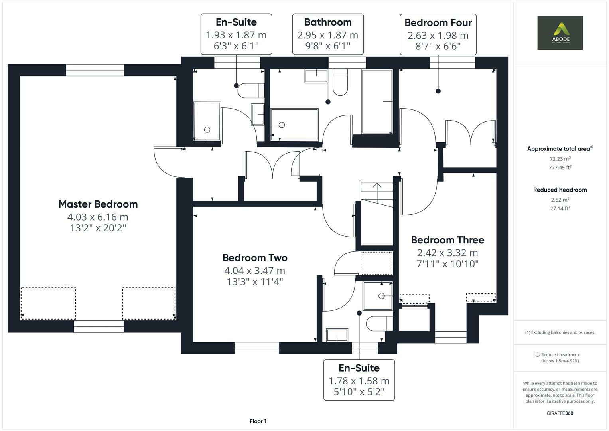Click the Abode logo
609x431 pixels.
click(560, 33)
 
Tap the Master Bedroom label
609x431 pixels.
click(98, 204)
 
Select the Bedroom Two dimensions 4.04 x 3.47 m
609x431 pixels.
click(254, 271)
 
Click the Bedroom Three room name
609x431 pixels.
click(447, 240)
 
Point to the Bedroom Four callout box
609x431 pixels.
click(438, 35)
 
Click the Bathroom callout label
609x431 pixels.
click(327, 22)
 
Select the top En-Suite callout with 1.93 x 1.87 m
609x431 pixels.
click(236, 34)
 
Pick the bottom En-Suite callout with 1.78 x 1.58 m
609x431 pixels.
click(359, 380)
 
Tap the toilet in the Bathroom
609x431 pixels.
click(340, 83)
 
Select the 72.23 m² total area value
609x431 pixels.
click(560, 158)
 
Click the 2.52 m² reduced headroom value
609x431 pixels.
click(560, 200)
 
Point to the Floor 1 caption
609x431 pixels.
click(258, 421)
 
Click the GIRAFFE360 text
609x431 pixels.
click(560, 413)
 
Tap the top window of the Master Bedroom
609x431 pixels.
click(95, 70)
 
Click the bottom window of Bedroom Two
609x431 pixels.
click(256, 348)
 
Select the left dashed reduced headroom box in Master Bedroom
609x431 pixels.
click(48, 303)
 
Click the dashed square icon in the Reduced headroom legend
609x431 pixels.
click(537, 355)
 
